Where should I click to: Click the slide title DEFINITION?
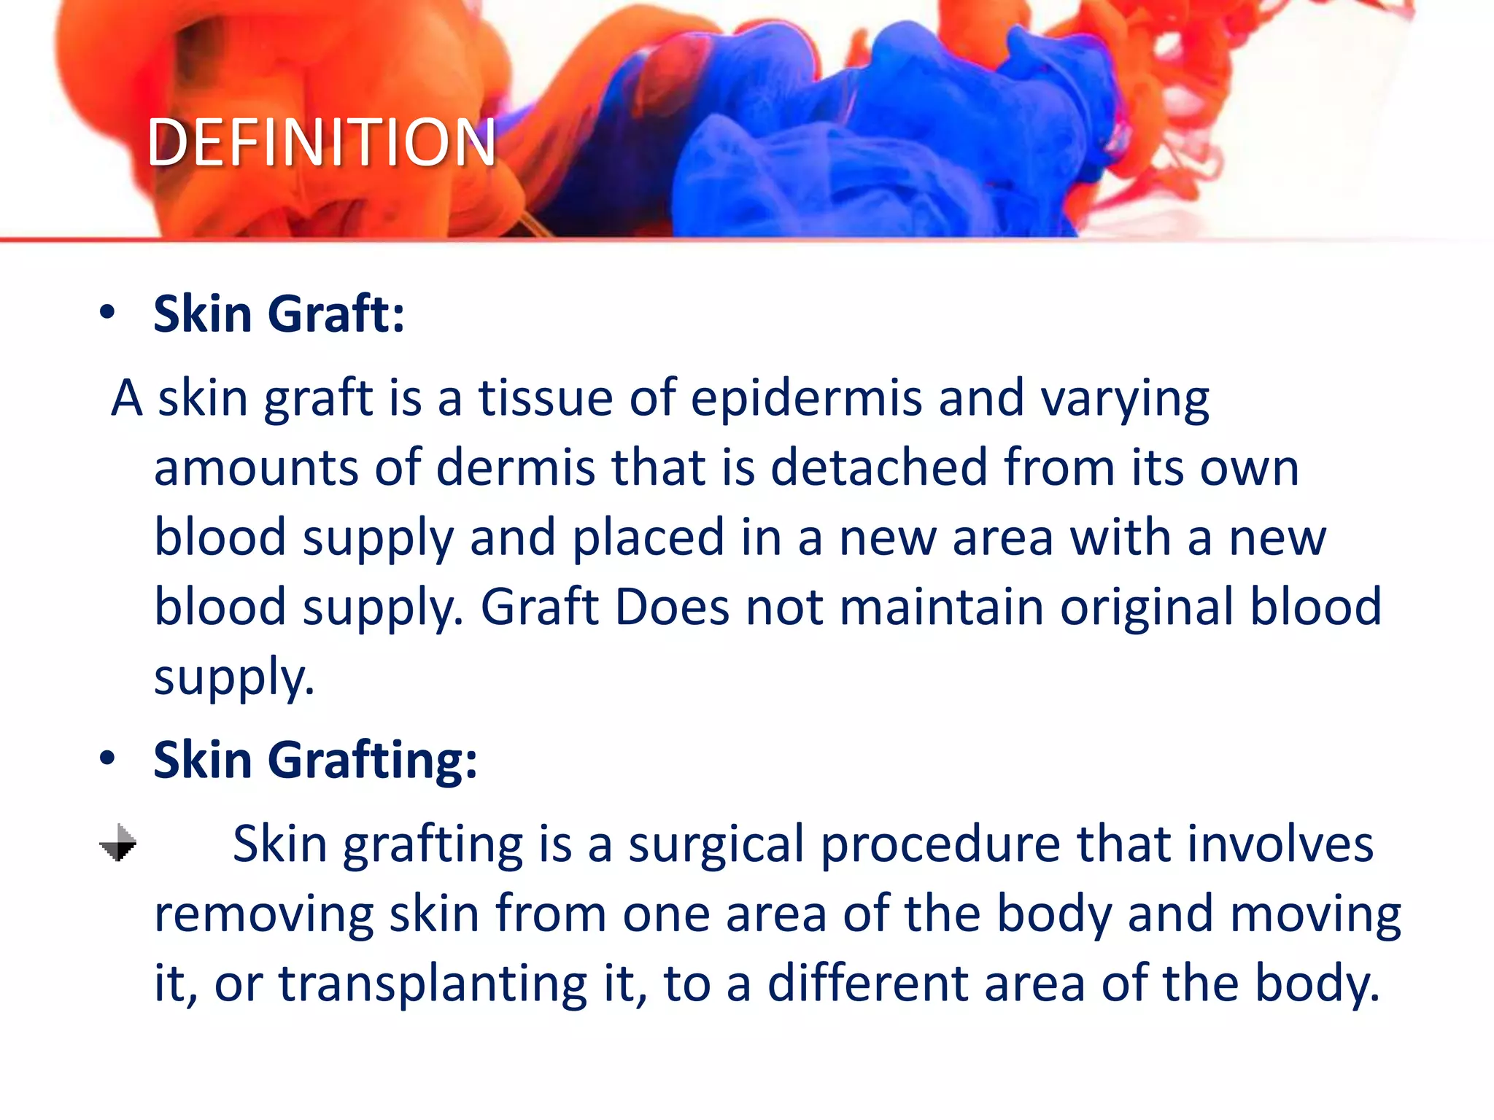pyautogui.click(x=321, y=142)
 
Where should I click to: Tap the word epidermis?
pyautogui.click(x=806, y=400)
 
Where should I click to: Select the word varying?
pyautogui.click(x=1124, y=400)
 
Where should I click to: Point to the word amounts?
pyautogui.click(x=255, y=468)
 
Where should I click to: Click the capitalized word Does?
pyautogui.click(x=672, y=607)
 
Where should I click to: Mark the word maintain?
pyautogui.click(x=941, y=607)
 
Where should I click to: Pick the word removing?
pyautogui.click(x=263, y=914)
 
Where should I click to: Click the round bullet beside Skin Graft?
pyautogui.click(x=108, y=313)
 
